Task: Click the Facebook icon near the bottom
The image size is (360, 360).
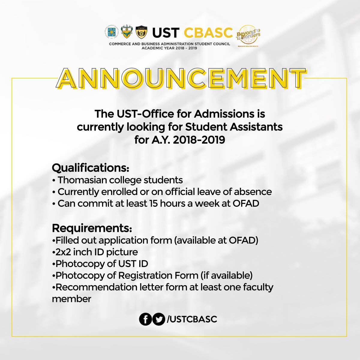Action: click(x=145, y=319)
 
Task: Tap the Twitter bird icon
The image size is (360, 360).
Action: click(x=158, y=319)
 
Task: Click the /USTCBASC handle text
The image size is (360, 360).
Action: click(x=191, y=319)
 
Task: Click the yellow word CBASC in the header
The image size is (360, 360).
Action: click(x=208, y=33)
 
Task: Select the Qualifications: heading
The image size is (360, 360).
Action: click(x=91, y=168)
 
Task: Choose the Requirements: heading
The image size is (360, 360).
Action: click(x=92, y=228)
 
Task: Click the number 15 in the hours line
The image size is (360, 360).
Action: click(x=153, y=203)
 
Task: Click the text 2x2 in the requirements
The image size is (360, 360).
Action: click(x=62, y=252)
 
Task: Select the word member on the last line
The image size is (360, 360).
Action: click(x=71, y=299)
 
